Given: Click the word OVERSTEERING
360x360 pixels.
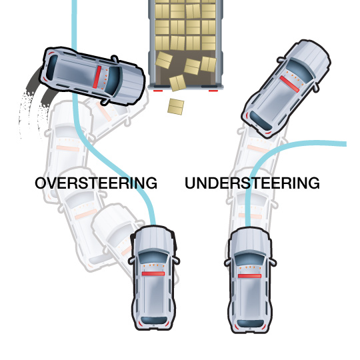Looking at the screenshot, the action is click(96, 183).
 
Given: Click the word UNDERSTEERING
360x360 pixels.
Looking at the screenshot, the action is click(252, 183).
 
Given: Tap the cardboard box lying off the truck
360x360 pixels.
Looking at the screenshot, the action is click(175, 107).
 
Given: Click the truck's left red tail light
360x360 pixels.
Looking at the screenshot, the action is click(158, 91).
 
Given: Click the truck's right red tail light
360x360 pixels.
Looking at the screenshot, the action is click(213, 91).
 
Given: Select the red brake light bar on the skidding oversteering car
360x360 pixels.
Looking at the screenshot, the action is click(97, 77).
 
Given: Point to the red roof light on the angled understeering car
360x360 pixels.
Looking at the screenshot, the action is click(289, 84).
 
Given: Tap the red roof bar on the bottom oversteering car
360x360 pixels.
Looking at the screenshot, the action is click(153, 274).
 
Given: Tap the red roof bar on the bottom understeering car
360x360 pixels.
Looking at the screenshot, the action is click(249, 276).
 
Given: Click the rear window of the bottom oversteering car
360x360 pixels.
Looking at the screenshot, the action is click(153, 321).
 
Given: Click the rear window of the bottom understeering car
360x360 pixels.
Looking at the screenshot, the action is click(250, 323).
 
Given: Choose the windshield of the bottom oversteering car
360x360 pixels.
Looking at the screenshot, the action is click(153, 257).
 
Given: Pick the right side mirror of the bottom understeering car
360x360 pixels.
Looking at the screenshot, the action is click(273, 262).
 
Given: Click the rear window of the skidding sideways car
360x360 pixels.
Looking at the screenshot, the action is click(52, 68).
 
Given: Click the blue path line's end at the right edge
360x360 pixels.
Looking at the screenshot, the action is click(346, 144).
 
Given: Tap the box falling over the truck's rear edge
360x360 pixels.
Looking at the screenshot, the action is click(177, 83).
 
